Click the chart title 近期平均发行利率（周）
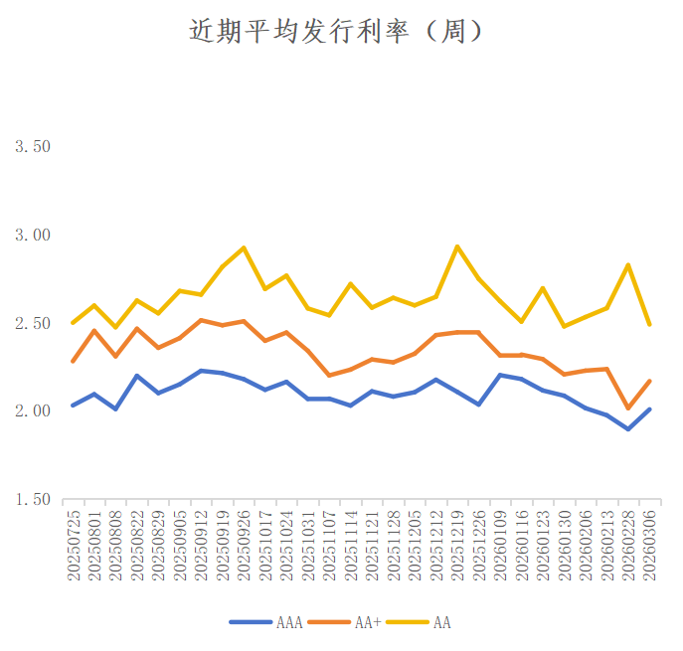(337, 32)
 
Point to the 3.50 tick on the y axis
(32, 147)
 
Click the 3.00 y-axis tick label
(32, 236)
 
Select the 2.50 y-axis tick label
(32, 323)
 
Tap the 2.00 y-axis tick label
(32, 411)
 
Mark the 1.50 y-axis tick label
(32, 499)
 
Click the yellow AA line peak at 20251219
(457, 246)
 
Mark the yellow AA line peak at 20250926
(244, 247)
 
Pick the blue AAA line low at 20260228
(628, 429)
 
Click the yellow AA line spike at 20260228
(628, 264)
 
